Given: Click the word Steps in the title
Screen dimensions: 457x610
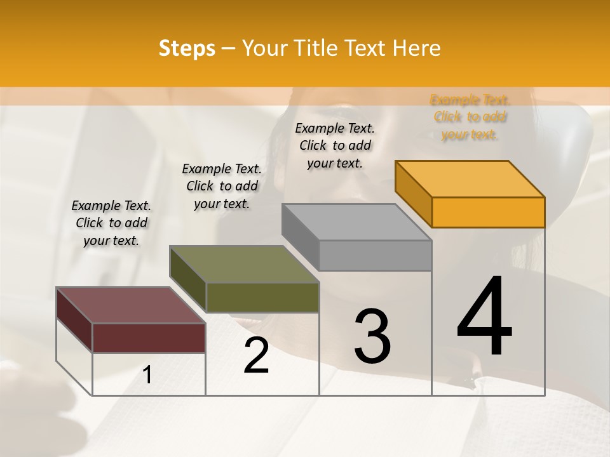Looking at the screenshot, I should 187,48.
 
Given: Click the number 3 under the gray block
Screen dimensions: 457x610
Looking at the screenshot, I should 372,336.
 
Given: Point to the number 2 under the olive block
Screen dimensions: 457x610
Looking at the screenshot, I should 256,355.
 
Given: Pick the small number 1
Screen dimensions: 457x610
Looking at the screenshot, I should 147,375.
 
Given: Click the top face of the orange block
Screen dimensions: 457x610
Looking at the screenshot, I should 470,178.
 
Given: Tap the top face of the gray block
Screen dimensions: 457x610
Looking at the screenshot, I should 356,222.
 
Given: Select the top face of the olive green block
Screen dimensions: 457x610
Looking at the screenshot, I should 244,264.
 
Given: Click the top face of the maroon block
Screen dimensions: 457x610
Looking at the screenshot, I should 130,305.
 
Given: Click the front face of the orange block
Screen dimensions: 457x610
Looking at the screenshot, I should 488,212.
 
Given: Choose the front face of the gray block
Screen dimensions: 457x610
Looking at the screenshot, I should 375,256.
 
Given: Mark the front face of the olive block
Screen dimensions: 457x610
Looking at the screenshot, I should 262,297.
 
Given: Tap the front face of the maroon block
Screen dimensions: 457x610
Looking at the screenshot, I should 149,338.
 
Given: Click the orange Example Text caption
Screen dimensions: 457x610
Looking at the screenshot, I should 470,117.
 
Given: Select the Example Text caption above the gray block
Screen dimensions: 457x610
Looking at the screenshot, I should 335,145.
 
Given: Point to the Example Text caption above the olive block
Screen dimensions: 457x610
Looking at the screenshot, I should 222,186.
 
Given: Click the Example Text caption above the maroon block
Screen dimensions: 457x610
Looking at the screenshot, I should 111,223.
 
